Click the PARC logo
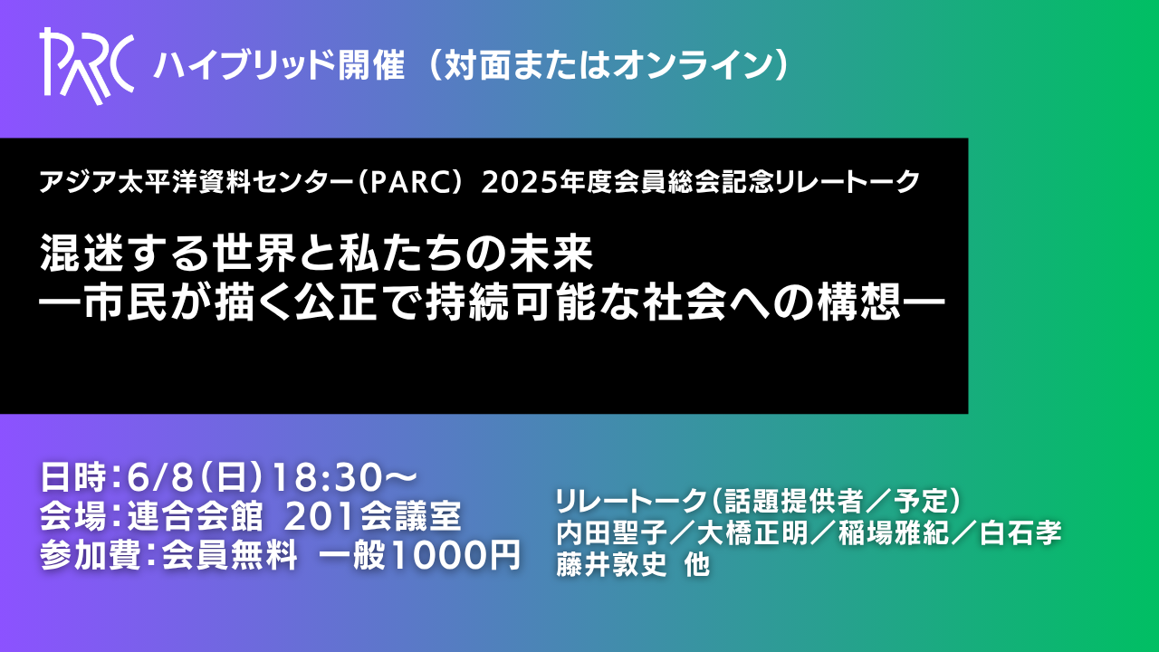[x=87, y=66]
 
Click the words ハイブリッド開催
[x=279, y=66]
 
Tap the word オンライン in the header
[x=694, y=66]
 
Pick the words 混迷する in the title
[x=125, y=254]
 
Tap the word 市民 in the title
[x=125, y=302]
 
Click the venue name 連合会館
[x=196, y=516]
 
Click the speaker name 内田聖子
[x=611, y=533]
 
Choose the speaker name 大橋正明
[x=752, y=533]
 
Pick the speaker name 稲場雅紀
[x=894, y=533]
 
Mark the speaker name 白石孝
[x=1020, y=533]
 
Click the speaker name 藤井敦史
[x=611, y=564]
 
